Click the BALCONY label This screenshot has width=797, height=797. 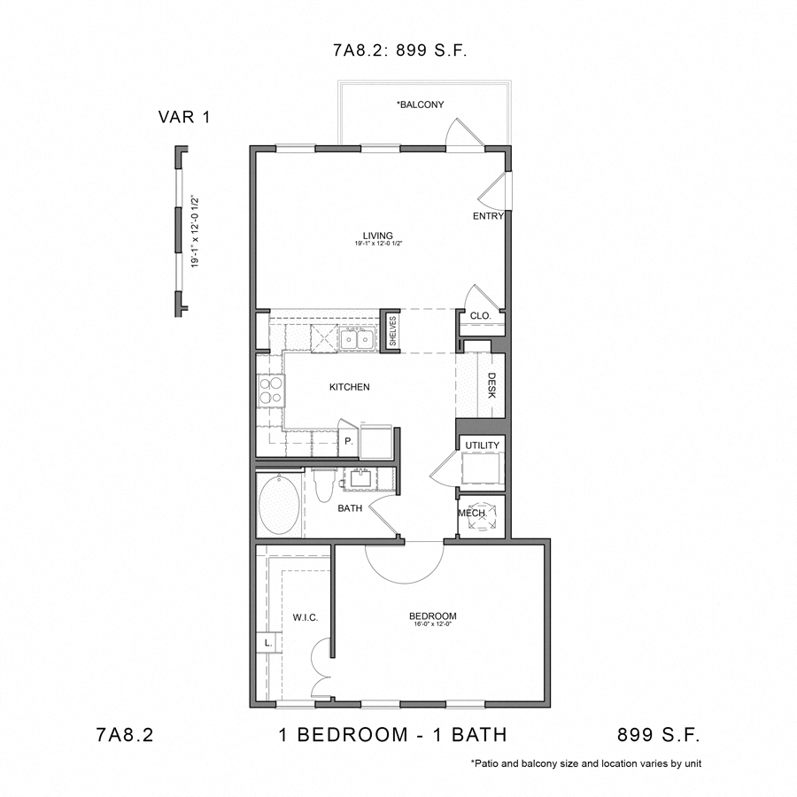pyautogui.click(x=420, y=104)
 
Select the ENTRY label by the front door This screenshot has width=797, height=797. pyautogui.click(x=488, y=216)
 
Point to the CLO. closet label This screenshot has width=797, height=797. pyautogui.click(x=480, y=316)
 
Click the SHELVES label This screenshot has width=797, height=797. pyautogui.click(x=391, y=331)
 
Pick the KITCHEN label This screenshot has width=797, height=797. pyautogui.click(x=349, y=387)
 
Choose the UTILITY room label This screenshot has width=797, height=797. pyautogui.click(x=482, y=445)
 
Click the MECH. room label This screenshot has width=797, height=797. pyautogui.click(x=470, y=514)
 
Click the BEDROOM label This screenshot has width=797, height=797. pyautogui.click(x=432, y=616)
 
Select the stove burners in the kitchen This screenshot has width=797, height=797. pyautogui.click(x=270, y=391)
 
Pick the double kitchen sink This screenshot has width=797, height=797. pyautogui.click(x=358, y=337)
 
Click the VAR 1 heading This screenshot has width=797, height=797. pyautogui.click(x=184, y=117)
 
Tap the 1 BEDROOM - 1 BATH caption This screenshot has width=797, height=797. pyautogui.click(x=391, y=734)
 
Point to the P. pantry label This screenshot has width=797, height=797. pyautogui.click(x=348, y=440)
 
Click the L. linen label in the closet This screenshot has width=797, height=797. pyautogui.click(x=267, y=643)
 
